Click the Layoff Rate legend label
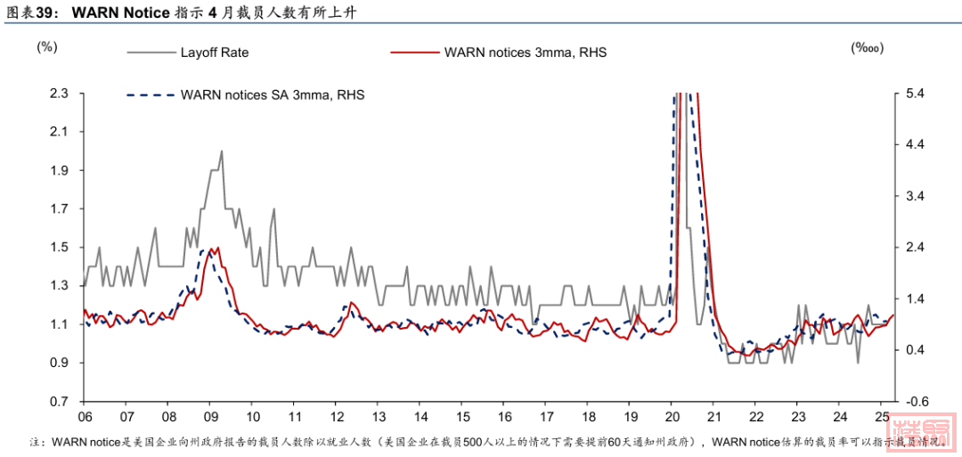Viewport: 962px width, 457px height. [x=214, y=53]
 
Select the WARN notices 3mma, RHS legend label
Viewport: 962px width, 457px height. [x=525, y=53]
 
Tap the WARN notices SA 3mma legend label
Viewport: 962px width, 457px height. [x=273, y=94]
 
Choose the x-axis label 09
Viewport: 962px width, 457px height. [x=210, y=417]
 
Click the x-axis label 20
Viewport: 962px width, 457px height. [x=672, y=417]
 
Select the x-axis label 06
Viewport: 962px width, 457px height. [x=86, y=417]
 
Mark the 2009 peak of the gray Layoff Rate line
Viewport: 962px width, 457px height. [x=220, y=151]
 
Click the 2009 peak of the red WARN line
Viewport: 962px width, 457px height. [x=215, y=249]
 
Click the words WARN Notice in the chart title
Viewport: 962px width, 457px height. [x=120, y=12]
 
